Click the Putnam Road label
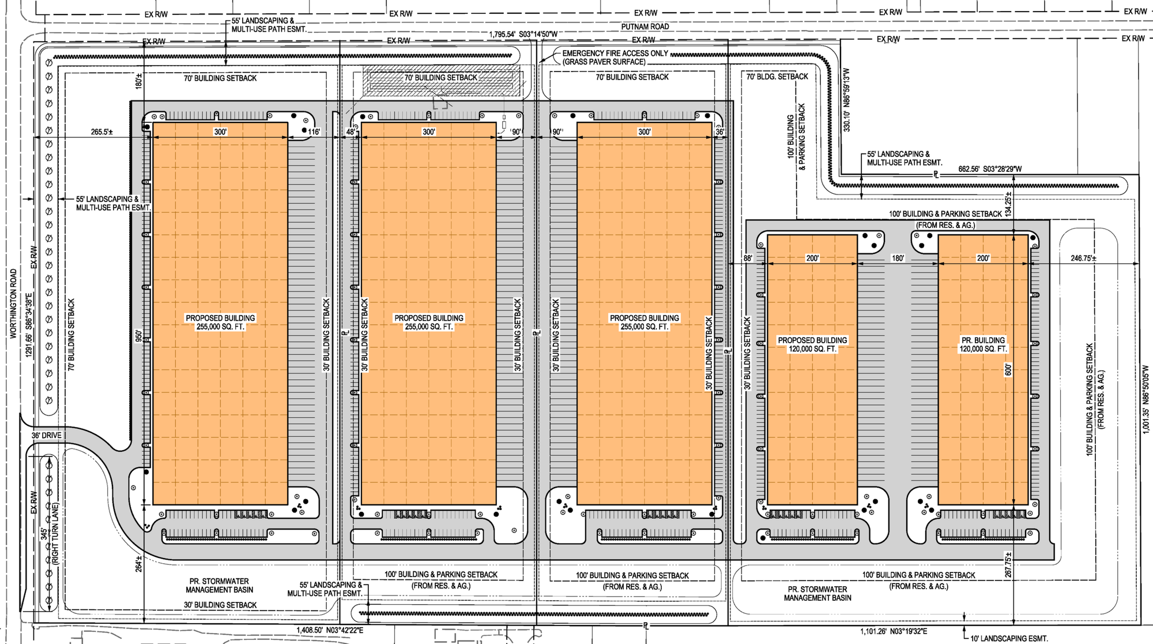(x=645, y=27)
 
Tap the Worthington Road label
(x=13, y=304)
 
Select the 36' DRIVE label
(x=46, y=436)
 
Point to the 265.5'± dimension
(x=102, y=132)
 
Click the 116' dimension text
(x=314, y=132)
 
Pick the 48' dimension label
(x=351, y=132)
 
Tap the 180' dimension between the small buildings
(x=898, y=259)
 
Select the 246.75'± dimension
(x=1083, y=259)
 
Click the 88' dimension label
(x=748, y=259)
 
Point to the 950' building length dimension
(x=139, y=336)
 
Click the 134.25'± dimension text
(x=1008, y=204)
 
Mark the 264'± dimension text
(x=139, y=564)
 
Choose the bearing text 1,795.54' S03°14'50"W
(x=523, y=35)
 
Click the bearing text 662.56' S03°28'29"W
(x=990, y=169)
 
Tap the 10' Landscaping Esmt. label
(x=1009, y=638)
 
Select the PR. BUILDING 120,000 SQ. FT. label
(x=983, y=345)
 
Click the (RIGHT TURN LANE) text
(x=55, y=533)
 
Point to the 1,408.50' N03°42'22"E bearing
(x=330, y=630)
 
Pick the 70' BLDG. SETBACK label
(x=777, y=77)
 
